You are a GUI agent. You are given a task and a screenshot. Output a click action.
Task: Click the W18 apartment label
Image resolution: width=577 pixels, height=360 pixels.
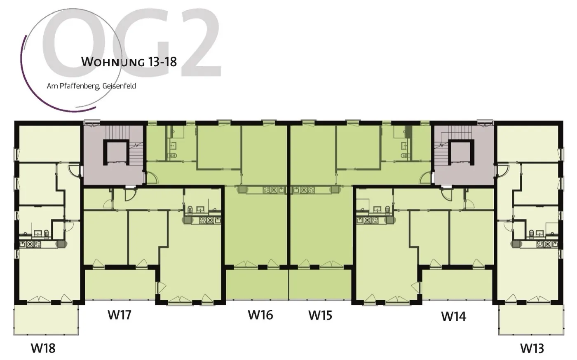(43, 348)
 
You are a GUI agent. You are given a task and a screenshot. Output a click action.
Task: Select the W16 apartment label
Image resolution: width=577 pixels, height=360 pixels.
(260, 315)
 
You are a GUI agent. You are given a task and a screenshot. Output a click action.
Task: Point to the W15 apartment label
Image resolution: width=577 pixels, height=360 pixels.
(320, 316)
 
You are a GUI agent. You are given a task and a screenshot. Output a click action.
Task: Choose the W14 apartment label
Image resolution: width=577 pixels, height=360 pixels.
(453, 316)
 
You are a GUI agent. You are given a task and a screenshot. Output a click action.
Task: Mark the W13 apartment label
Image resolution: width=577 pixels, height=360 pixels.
(532, 348)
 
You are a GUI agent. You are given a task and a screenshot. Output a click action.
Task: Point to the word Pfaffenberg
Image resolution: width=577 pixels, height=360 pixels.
(75, 86)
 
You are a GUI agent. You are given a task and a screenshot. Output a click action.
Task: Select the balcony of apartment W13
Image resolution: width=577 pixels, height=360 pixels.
(530, 320)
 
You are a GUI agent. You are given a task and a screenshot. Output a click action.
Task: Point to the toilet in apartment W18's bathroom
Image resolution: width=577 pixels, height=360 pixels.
(46, 234)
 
